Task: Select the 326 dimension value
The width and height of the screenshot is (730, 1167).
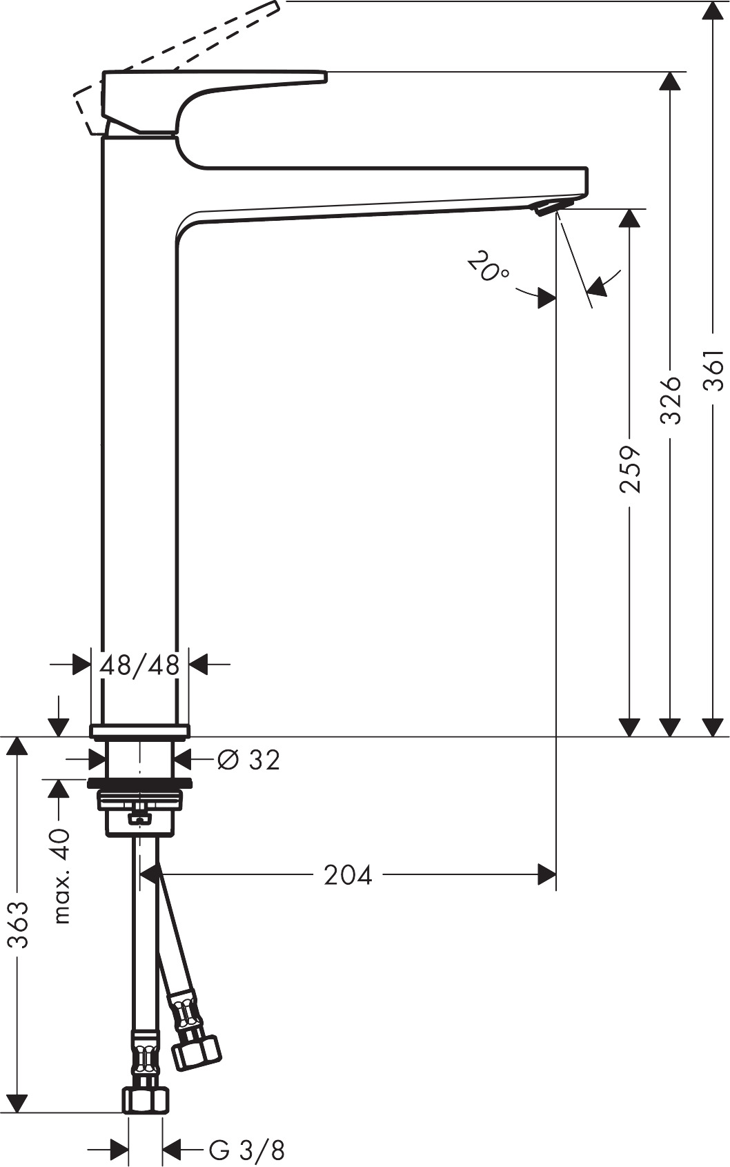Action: click(x=670, y=400)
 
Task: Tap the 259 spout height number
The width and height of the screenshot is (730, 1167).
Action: click(x=629, y=469)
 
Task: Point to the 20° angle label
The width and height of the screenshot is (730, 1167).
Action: click(x=488, y=267)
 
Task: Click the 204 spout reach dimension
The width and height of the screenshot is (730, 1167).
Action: click(x=348, y=875)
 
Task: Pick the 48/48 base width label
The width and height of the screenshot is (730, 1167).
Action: click(x=139, y=665)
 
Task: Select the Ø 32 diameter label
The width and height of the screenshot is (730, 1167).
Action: click(x=248, y=760)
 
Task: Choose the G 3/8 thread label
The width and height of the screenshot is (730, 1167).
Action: click(x=246, y=1150)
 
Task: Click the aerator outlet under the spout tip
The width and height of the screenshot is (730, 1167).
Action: click(x=552, y=206)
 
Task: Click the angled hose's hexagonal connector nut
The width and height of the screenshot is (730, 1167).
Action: click(x=197, y=1052)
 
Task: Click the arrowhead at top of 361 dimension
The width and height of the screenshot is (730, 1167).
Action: click(x=713, y=10)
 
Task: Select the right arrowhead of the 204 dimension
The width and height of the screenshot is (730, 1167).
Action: click(x=546, y=875)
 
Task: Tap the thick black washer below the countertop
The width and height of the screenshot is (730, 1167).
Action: click(x=139, y=783)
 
